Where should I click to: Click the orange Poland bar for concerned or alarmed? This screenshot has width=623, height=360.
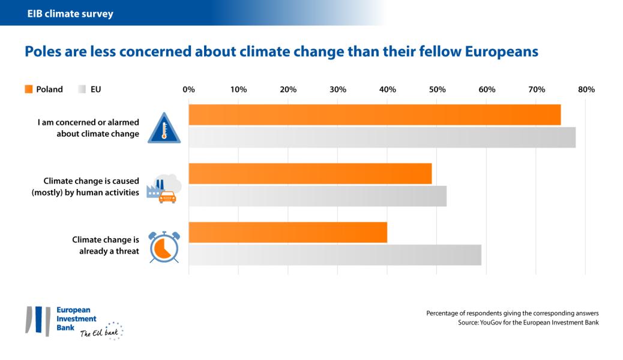(x=375, y=115)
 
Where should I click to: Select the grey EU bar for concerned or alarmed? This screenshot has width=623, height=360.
(x=382, y=137)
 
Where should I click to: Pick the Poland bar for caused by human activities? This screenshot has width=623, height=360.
(x=310, y=173)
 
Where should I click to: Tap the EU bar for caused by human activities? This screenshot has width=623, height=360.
(x=318, y=196)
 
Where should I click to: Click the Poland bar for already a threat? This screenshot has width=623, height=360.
(x=287, y=232)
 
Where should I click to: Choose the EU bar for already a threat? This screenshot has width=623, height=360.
(x=335, y=255)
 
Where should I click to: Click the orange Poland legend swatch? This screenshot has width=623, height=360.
(x=28, y=89)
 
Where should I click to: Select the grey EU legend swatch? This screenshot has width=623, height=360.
(x=82, y=89)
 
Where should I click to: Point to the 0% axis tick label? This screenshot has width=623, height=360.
(x=188, y=89)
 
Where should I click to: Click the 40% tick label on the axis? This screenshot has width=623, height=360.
(x=387, y=89)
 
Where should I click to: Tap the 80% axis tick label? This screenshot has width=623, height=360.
(x=586, y=89)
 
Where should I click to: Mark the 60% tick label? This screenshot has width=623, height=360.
(x=487, y=89)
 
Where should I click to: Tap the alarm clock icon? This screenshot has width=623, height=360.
(x=163, y=246)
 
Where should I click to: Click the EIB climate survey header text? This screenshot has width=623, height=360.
(x=65, y=13)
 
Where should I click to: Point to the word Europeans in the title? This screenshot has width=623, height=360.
(x=501, y=52)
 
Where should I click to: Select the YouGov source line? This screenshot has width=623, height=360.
(x=528, y=323)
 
